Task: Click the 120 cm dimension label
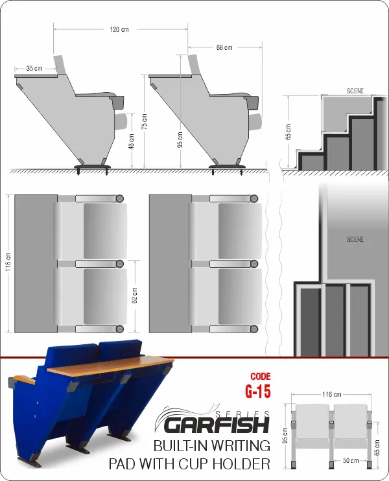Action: click(119, 29)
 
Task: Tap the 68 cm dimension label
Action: click(224, 47)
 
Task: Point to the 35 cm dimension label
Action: click(34, 68)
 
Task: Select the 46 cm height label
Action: click(131, 141)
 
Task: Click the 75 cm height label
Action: click(144, 121)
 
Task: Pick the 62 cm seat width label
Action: click(134, 296)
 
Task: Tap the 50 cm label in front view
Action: click(351, 460)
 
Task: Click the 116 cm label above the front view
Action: click(332, 394)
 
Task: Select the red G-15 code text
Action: click(257, 391)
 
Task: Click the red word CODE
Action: click(261, 377)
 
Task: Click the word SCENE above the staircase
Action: click(355, 91)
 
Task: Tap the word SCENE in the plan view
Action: click(355, 239)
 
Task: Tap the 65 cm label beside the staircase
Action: click(288, 132)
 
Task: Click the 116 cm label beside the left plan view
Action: click(8, 262)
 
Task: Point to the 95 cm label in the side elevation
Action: click(180, 139)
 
